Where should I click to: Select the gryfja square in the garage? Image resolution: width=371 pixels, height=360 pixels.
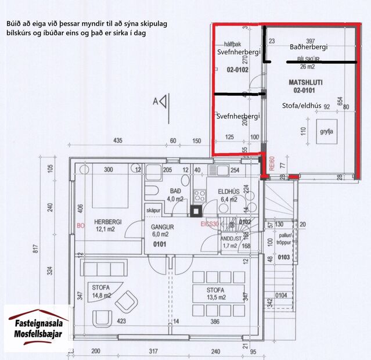click(x=324, y=131)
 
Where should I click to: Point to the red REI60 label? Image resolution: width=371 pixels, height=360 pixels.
click(x=271, y=162)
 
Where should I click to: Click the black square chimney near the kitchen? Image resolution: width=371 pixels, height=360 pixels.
click(x=196, y=211)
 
